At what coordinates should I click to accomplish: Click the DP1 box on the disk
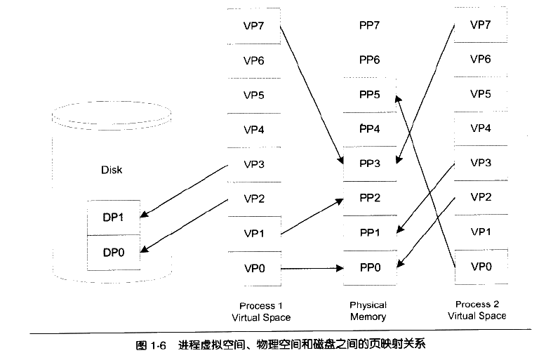[113, 218]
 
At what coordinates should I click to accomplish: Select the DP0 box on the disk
[113, 252]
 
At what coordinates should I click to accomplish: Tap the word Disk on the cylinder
[112, 170]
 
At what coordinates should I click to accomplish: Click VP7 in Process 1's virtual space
[253, 26]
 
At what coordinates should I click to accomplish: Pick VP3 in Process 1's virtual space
[253, 164]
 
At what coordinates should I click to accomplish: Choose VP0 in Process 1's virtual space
[253, 268]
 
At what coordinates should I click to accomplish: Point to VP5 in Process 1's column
[253, 95]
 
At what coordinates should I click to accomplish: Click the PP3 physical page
[369, 164]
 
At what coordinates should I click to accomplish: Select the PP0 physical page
[369, 267]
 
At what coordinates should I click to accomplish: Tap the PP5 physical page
[369, 95]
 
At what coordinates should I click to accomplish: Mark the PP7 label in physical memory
[369, 26]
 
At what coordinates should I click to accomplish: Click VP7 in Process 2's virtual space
[480, 25]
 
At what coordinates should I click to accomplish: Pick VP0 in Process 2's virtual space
[480, 267]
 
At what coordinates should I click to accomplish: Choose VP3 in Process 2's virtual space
[480, 163]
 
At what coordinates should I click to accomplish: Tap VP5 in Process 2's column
[480, 94]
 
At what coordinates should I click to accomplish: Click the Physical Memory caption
[368, 311]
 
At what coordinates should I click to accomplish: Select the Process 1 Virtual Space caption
[261, 312]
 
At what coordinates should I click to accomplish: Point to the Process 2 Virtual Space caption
[477, 310]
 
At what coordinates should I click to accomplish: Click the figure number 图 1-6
[149, 345]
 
